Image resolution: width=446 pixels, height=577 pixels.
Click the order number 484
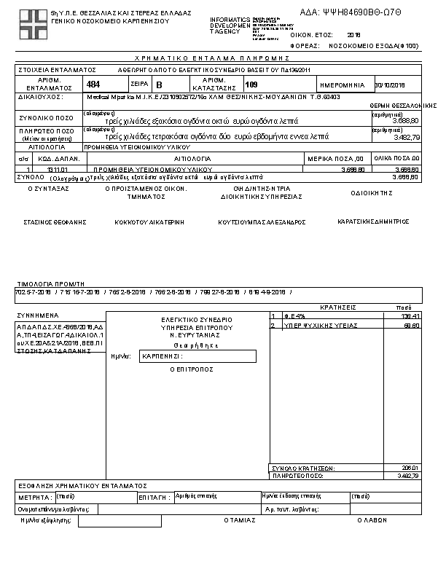click(x=93, y=85)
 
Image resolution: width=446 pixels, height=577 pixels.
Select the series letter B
click(x=160, y=85)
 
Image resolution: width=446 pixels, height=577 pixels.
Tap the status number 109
click(x=251, y=85)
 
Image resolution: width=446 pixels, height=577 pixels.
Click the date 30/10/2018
click(x=388, y=85)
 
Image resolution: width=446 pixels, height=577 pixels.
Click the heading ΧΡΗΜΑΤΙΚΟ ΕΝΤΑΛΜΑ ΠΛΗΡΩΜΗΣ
click(x=214, y=57)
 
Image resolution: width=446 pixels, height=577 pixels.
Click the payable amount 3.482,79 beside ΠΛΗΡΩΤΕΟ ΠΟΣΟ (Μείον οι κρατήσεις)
click(x=406, y=136)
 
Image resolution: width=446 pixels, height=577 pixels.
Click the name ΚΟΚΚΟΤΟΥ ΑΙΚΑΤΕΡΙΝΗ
click(x=149, y=221)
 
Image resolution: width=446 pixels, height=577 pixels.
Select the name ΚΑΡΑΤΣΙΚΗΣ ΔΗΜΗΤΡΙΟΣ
click(x=373, y=221)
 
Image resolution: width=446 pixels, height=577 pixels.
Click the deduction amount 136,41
click(x=411, y=316)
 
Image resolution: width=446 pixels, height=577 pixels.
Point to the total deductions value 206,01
click(x=411, y=467)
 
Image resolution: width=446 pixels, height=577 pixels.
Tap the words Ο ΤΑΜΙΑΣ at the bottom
click(x=240, y=520)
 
